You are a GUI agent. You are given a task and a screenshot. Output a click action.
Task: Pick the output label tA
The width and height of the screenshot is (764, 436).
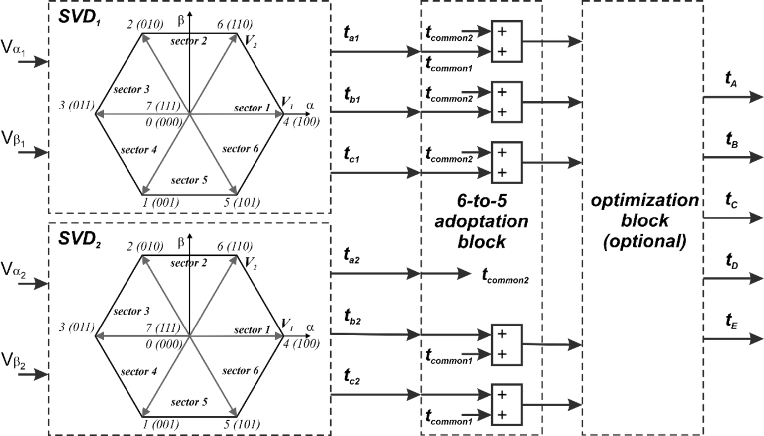point(731,79)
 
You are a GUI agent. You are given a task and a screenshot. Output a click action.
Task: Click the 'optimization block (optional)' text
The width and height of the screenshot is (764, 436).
point(644,220)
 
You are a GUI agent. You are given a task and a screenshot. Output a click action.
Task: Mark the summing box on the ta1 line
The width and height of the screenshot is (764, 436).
point(507,42)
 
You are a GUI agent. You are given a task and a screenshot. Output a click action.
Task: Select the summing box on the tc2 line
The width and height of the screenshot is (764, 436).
point(507,405)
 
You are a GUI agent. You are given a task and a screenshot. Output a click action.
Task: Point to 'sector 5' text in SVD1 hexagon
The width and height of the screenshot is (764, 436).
point(189,180)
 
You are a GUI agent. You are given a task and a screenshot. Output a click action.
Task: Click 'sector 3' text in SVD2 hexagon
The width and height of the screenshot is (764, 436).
point(131,312)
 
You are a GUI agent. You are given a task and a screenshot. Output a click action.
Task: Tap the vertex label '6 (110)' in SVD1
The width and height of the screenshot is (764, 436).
point(235,24)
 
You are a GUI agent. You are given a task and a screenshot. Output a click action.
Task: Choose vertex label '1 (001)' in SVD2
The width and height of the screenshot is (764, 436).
point(160,424)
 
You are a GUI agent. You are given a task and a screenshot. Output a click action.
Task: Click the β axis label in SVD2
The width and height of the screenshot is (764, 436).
point(181,242)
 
